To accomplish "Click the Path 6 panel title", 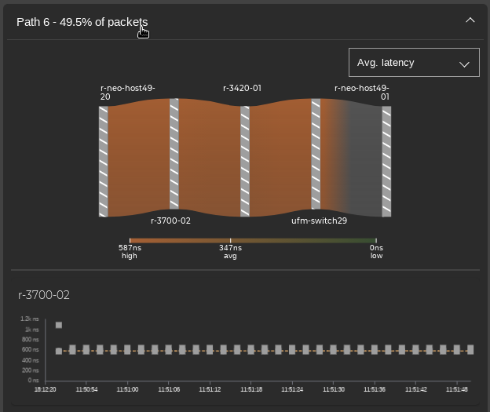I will [x=82, y=22].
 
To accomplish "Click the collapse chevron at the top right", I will [x=470, y=20].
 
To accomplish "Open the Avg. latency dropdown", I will [x=414, y=63].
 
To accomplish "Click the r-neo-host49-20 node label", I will [x=127, y=93].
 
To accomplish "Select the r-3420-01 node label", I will [x=242, y=89].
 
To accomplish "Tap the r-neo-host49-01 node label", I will [x=362, y=93].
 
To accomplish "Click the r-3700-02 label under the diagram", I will [x=170, y=221].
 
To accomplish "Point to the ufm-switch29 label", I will [x=319, y=221].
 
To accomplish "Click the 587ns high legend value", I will [x=130, y=251].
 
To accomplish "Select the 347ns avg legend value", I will [x=230, y=251].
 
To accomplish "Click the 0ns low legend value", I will [x=377, y=251].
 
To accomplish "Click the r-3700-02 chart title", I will [x=44, y=295].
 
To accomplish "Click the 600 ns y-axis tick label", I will [x=30, y=350].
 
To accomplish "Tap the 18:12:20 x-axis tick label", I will [x=46, y=389].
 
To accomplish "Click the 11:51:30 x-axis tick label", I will [x=334, y=389].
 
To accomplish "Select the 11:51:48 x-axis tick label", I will [x=456, y=389].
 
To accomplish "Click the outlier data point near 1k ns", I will [x=59, y=325].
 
